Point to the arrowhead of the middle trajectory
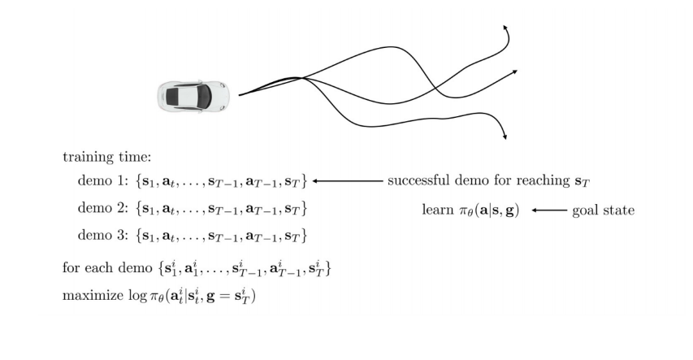coord(515,72)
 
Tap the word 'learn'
coord(439,210)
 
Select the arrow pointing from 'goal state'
coord(549,210)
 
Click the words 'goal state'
coord(603,210)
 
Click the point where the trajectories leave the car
coord(240,95)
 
